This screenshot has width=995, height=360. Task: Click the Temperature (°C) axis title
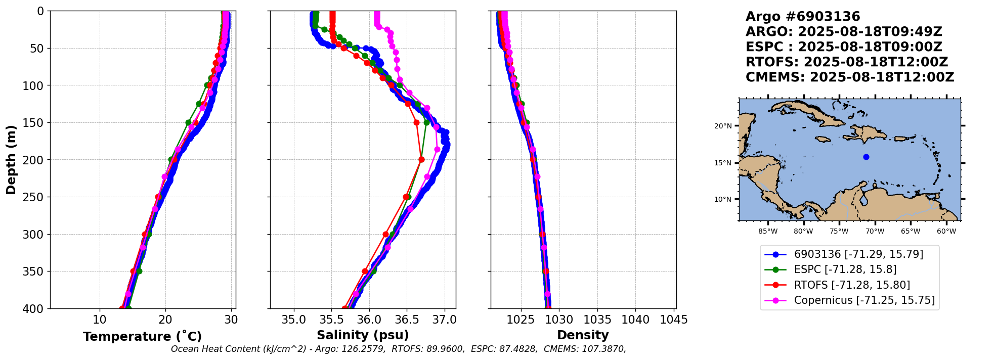click(x=142, y=337)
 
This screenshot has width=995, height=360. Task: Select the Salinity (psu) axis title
click(x=363, y=335)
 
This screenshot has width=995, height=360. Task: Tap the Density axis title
click(x=583, y=335)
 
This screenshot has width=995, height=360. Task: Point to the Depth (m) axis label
click(x=11, y=159)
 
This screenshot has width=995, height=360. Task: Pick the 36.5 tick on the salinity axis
click(x=407, y=320)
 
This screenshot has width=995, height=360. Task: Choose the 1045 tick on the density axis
click(x=674, y=320)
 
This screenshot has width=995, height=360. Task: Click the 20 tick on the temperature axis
click(x=165, y=320)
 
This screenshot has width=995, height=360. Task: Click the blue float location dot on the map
click(x=866, y=157)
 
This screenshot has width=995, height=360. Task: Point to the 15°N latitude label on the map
click(x=723, y=163)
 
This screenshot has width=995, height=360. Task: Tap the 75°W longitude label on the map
click(x=839, y=232)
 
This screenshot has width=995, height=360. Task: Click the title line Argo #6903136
click(x=803, y=17)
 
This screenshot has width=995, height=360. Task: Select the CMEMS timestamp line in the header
click(x=850, y=77)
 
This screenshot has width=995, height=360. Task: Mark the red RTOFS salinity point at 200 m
click(x=421, y=160)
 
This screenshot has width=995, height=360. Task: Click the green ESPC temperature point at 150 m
click(x=188, y=122)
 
